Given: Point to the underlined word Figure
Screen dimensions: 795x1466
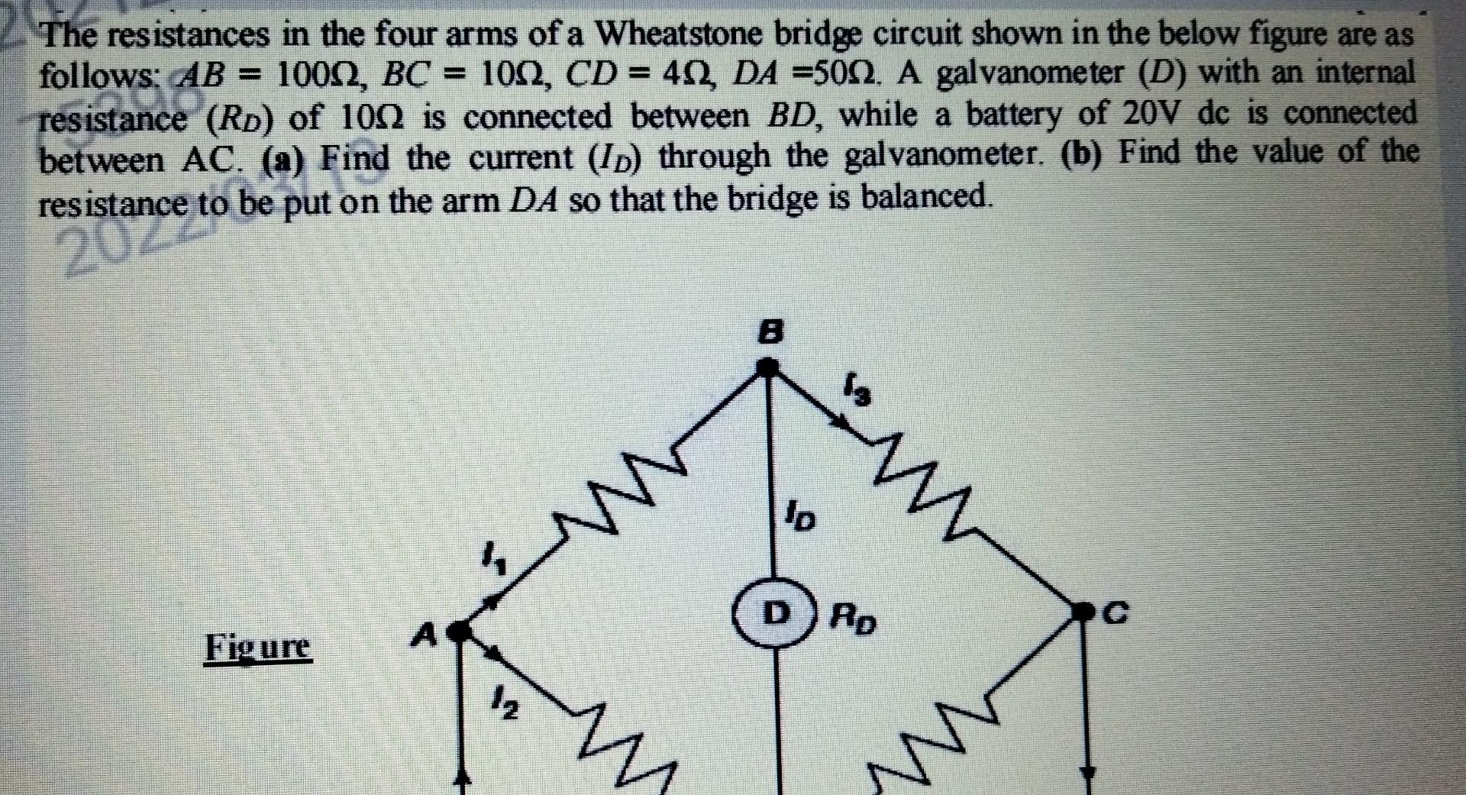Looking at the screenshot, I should coord(257,648).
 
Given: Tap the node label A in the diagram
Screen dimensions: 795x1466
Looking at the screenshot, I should coord(425,633).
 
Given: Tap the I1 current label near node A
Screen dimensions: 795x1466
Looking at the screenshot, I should coord(495,560).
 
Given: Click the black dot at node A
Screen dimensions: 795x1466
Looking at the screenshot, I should coord(457,631).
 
